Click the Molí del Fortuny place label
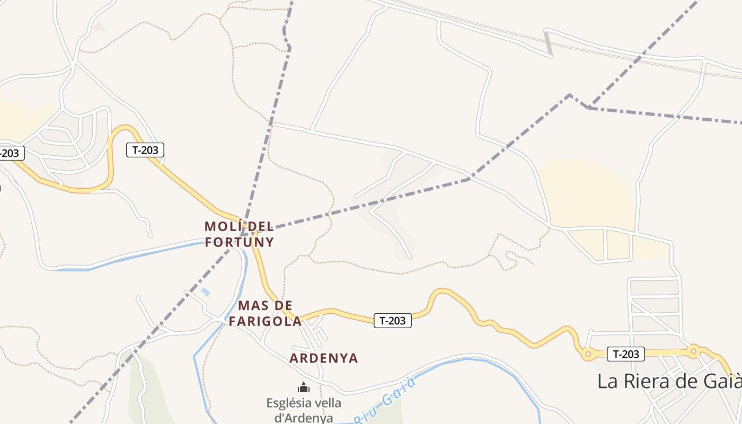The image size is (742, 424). tap(240, 234)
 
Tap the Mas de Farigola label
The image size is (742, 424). tap(265, 313)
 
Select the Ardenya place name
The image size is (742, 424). tap(324, 358)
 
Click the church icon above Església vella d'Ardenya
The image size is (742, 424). tap(304, 388)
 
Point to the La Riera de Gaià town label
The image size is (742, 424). tap(669, 381)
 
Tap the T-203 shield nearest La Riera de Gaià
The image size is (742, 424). tap(625, 354)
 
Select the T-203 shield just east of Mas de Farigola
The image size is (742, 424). tap(393, 321)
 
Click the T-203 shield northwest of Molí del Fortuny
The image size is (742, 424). tap(145, 150)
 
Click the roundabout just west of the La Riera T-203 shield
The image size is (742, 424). tap(587, 354)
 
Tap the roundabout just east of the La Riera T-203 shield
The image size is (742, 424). tap(693, 350)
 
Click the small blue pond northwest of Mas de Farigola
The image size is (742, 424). tap(205, 292)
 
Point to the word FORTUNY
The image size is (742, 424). tap(240, 242)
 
